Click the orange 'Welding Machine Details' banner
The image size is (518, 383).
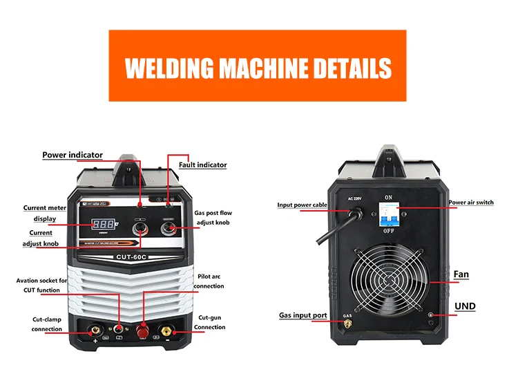click(x=258, y=67)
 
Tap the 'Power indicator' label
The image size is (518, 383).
click(x=73, y=156)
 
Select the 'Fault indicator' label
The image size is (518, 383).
click(x=202, y=165)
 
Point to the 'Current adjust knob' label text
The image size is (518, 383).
click(x=41, y=239)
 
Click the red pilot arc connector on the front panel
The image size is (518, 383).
click(x=144, y=327)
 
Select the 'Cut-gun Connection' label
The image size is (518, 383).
click(x=209, y=321)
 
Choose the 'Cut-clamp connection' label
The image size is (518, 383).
click(x=47, y=324)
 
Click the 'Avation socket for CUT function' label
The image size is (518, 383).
click(x=42, y=286)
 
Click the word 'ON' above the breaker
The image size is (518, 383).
click(x=388, y=197)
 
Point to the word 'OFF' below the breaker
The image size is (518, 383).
click(x=388, y=232)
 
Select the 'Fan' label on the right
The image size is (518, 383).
click(x=461, y=274)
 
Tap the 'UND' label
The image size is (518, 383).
click(x=465, y=306)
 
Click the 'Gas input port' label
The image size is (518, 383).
click(x=303, y=315)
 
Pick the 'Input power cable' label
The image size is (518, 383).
click(x=303, y=205)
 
